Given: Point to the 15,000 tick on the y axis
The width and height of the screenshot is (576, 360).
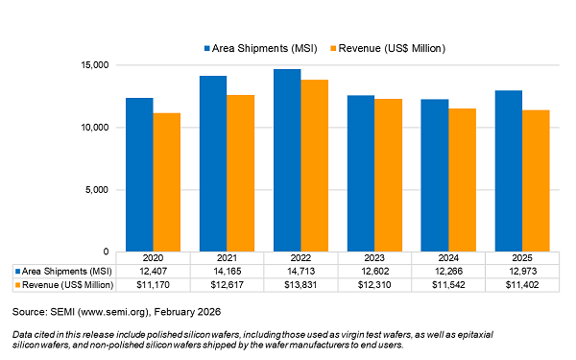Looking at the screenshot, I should point(95,65).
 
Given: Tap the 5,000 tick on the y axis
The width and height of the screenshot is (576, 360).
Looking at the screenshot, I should point(98,190).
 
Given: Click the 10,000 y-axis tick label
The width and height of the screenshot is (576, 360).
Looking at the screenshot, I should point(95,128).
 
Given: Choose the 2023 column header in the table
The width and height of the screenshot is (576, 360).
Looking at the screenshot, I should point(373,258).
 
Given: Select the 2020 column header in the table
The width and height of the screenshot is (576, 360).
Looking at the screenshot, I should point(152,258).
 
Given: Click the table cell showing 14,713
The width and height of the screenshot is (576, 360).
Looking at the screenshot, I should point(300,272).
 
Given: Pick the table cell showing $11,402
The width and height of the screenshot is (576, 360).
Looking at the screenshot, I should point(521,285).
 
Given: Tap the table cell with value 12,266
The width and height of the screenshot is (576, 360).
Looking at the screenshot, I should point(447,272).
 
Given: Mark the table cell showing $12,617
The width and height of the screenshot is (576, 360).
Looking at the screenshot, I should point(226,285).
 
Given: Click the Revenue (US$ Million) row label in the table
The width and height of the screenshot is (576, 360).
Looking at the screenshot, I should point(66,285).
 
